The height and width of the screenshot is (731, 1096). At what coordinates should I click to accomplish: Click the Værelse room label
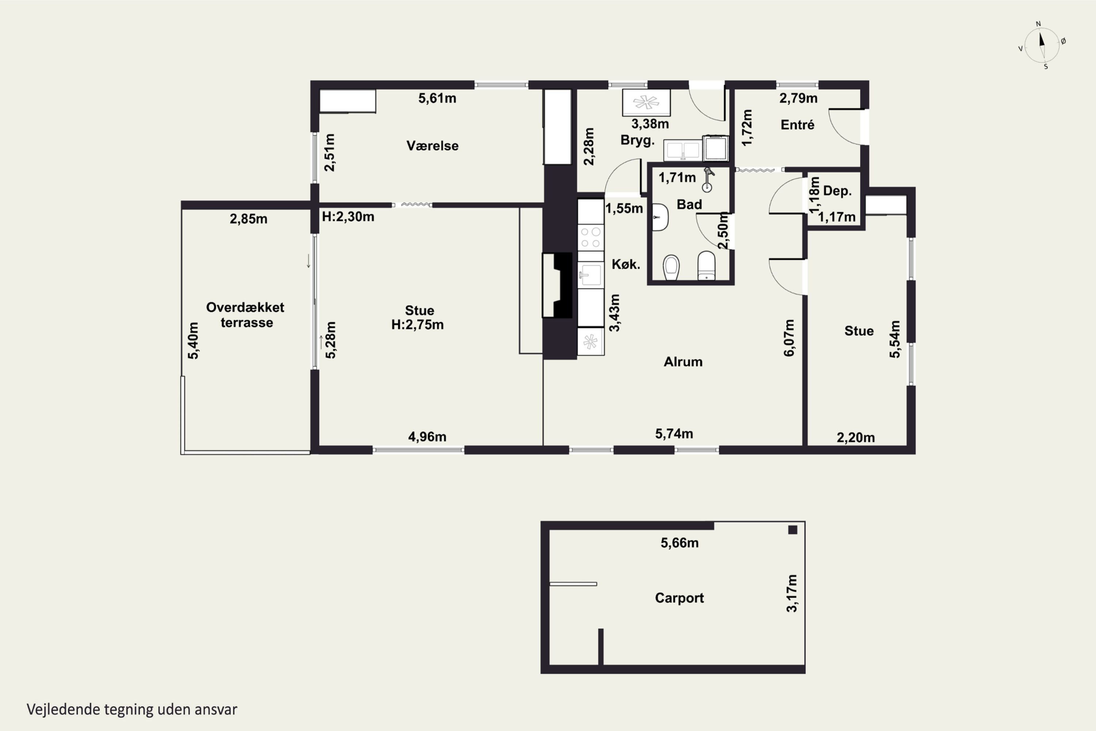(x=433, y=146)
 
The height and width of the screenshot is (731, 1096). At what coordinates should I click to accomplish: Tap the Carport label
(x=680, y=598)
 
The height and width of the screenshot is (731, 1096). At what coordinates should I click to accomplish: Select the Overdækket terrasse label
(x=246, y=315)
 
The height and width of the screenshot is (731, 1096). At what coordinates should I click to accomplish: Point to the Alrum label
(x=683, y=362)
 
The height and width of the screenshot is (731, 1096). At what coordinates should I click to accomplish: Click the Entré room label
(x=798, y=125)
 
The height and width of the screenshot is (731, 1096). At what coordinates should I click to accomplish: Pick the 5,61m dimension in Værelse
(x=437, y=98)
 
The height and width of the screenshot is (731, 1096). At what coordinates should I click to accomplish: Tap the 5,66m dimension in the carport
(x=680, y=543)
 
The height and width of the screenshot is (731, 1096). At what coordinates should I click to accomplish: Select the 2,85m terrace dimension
(x=248, y=219)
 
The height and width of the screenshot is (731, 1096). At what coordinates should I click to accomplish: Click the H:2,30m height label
(x=348, y=217)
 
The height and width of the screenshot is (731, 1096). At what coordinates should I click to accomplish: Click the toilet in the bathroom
(x=707, y=266)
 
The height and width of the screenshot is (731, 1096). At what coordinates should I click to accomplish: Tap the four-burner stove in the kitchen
(x=591, y=237)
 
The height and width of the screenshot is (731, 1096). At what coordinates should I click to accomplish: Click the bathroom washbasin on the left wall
(x=660, y=217)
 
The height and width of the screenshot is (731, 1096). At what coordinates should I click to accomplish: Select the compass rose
(x=1042, y=45)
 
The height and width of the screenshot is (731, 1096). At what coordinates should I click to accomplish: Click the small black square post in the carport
(x=793, y=530)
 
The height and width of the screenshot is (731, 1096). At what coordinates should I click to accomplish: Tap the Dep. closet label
(x=837, y=191)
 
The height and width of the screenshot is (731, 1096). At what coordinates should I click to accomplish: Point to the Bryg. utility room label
(x=638, y=140)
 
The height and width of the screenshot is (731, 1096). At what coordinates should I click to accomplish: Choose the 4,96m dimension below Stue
(x=427, y=437)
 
